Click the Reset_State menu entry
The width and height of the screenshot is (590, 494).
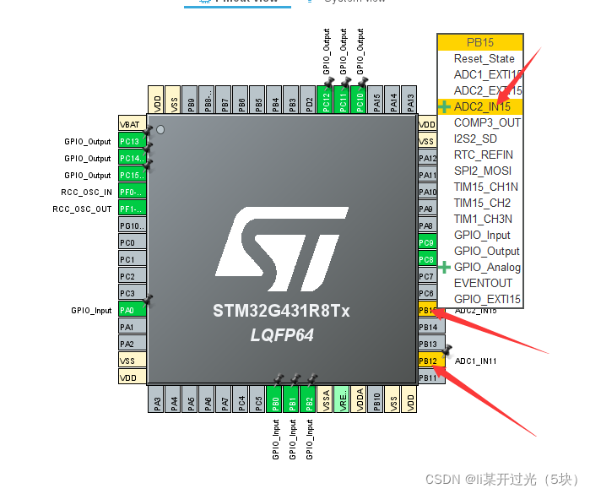(x=484, y=59)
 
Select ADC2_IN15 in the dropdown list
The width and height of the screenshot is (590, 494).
(x=482, y=107)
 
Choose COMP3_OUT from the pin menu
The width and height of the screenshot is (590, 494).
(x=487, y=123)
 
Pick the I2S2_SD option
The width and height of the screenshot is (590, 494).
(x=475, y=139)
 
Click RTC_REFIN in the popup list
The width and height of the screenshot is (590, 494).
(x=483, y=155)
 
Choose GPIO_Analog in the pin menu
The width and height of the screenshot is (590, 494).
(x=487, y=268)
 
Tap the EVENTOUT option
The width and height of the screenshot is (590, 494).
(x=483, y=284)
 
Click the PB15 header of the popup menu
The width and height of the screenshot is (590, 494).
(x=479, y=42)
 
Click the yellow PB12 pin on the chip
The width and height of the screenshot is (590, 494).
(x=428, y=361)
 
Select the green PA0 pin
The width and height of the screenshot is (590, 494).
(x=132, y=310)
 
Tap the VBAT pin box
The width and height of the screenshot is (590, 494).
(x=132, y=124)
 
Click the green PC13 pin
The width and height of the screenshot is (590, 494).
(x=132, y=141)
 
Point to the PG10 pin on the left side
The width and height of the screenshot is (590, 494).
(x=132, y=225)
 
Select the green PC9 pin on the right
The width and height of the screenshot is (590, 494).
(x=428, y=243)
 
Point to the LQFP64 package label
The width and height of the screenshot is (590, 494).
(x=282, y=335)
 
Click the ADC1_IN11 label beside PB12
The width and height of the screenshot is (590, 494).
(x=476, y=361)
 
